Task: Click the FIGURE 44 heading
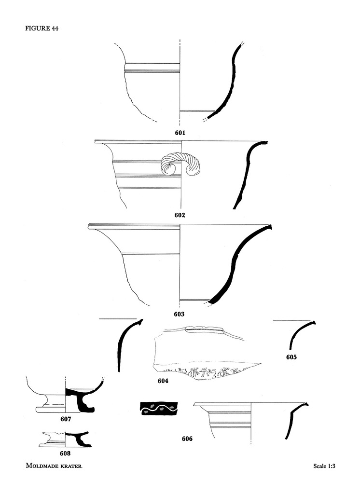point(42,28)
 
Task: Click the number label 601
point(180,133)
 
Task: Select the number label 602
point(180,215)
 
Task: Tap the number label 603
point(179,314)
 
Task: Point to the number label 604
point(163,381)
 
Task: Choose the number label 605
point(291,357)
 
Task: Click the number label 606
point(187,439)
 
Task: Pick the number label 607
point(66,419)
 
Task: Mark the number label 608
point(65,453)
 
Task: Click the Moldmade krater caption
point(54,466)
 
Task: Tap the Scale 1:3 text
point(324,466)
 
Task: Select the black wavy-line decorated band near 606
point(159,409)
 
